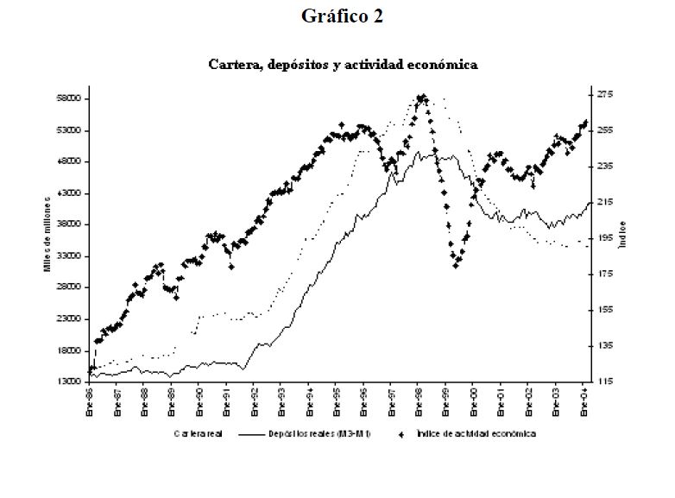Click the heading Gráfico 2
tap(343, 16)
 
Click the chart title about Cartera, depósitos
tap(343, 65)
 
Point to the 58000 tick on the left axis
tap(67, 99)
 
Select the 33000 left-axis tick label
tap(67, 256)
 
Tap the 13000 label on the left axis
tap(67, 381)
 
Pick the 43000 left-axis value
tap(67, 193)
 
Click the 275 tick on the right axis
tap(603, 94)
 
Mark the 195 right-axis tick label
tap(603, 238)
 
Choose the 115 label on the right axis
tap(603, 381)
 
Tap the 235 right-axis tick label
tap(603, 166)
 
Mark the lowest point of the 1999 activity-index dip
tap(456, 265)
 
